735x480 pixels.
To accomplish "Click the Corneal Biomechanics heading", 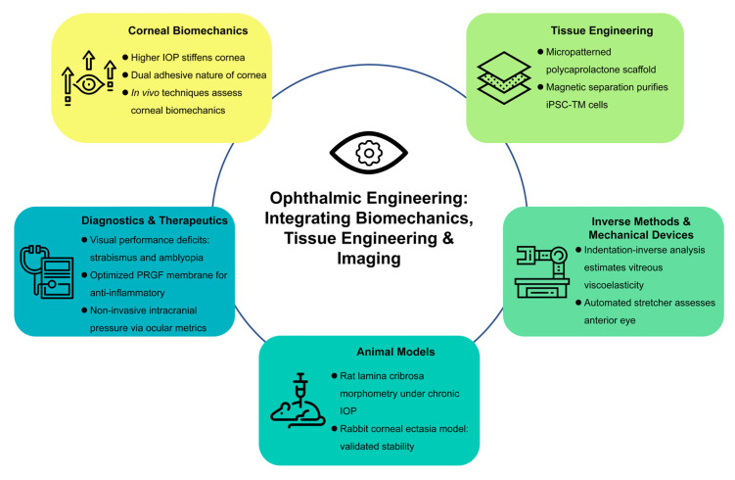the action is click(x=188, y=31).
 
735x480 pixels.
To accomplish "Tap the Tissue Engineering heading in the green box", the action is click(x=602, y=31).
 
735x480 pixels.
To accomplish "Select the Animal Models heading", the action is click(x=395, y=352).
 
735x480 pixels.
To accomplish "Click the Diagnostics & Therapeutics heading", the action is click(x=155, y=220).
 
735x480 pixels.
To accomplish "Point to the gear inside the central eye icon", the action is click(x=369, y=153).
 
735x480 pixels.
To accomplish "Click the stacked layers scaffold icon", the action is click(x=504, y=77).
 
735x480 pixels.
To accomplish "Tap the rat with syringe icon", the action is click(x=299, y=401).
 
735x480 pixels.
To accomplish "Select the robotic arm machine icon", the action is click(x=542, y=272).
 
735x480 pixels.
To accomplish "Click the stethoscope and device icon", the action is click(x=47, y=272).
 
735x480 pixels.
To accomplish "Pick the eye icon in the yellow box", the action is click(x=89, y=85).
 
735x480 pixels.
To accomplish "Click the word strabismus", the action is click(x=114, y=258).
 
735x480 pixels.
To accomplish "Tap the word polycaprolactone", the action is click(x=582, y=70).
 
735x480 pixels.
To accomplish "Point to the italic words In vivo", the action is click(x=145, y=93).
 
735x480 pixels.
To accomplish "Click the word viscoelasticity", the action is click(x=614, y=285).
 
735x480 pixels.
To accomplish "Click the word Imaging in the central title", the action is click(x=369, y=259).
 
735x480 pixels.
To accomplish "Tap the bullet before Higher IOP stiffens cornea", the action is click(x=125, y=57).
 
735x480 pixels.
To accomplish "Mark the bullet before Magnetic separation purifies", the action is click(x=540, y=87).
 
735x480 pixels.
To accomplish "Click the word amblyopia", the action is click(x=180, y=258).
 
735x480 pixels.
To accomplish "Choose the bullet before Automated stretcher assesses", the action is click(x=578, y=303).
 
